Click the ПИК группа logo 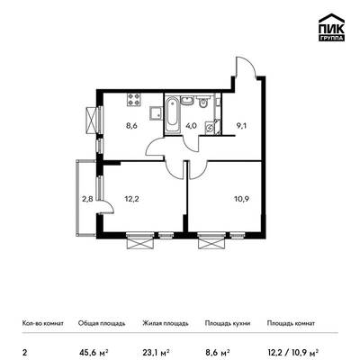click(331, 27)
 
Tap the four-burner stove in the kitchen click(133, 99)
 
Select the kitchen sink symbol click(156, 113)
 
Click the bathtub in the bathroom click(172, 113)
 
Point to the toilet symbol click(203, 102)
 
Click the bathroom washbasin click(187, 100)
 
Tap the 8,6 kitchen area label click(131, 126)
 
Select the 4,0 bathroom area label click(191, 126)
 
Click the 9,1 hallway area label click(241, 126)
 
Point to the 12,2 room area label click(131, 199)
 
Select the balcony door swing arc click(110, 204)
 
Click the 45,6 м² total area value click(94, 351)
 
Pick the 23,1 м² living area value click(156, 351)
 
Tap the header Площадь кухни click(228, 323)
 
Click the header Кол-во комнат click(43, 323)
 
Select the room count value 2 click(24, 351)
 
